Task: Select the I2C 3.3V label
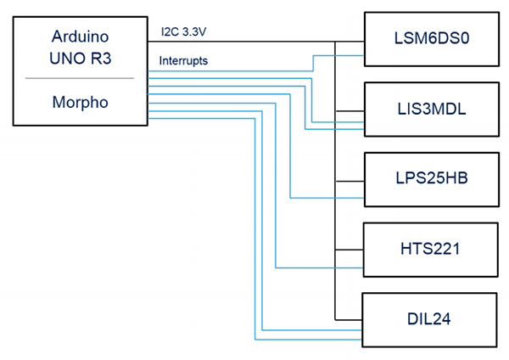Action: tap(186, 33)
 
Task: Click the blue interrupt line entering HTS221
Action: tap(322, 267)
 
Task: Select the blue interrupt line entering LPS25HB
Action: tap(331, 198)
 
